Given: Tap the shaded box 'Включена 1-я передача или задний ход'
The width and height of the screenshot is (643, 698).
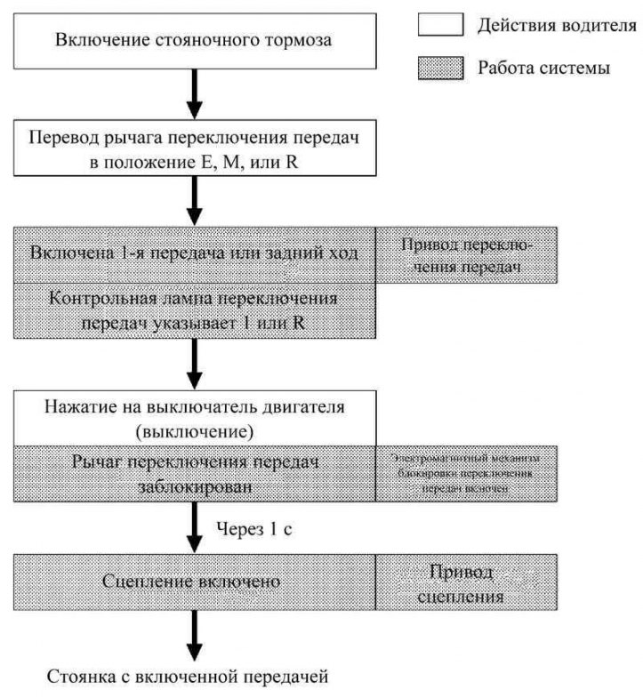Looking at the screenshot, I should [x=195, y=253].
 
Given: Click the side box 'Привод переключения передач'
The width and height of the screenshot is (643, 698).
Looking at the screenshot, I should [x=468, y=253].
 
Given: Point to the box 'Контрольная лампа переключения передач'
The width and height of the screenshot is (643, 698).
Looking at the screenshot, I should [x=195, y=309].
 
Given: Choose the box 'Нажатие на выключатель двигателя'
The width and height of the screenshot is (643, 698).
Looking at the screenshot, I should [x=195, y=418].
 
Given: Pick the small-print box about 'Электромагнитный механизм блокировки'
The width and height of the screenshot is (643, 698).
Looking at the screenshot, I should [x=468, y=472].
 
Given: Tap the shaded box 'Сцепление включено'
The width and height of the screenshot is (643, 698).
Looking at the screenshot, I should [x=195, y=582].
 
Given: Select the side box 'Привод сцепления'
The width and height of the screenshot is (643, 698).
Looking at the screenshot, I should [x=468, y=582].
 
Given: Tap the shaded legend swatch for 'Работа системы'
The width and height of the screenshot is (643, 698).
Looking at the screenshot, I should [x=441, y=68].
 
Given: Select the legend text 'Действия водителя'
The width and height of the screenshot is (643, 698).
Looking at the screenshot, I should [x=557, y=25].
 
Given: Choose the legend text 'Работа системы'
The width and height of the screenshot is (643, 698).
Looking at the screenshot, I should [x=543, y=68].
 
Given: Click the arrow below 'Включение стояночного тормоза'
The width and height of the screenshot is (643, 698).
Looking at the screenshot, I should [x=195, y=92].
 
